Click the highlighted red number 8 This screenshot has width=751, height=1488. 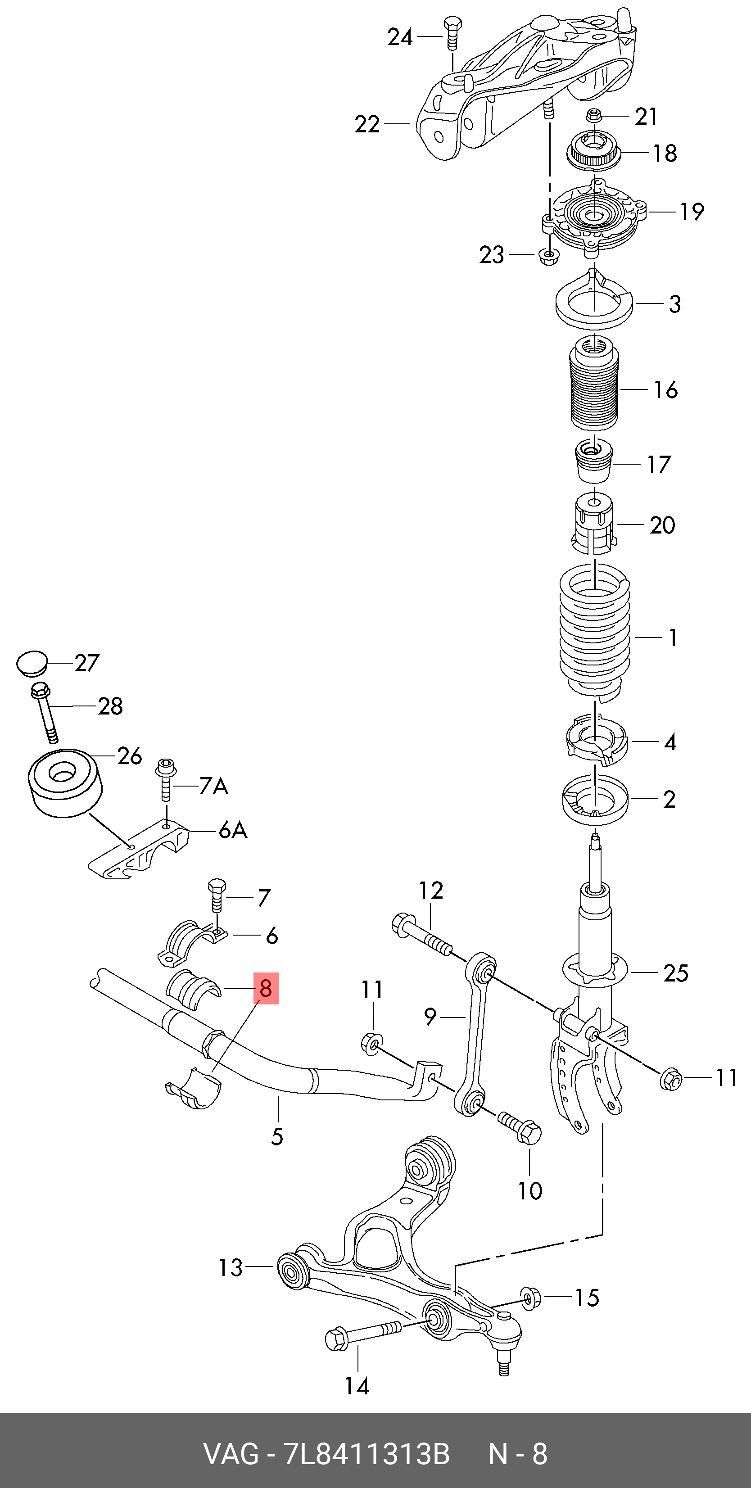click(x=266, y=988)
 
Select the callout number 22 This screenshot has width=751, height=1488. click(x=367, y=124)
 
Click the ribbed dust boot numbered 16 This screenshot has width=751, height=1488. click(x=594, y=384)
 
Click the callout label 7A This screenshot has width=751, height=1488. click(x=214, y=786)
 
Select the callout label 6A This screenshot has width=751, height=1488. click(x=233, y=830)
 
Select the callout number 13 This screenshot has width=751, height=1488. click(x=230, y=1268)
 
